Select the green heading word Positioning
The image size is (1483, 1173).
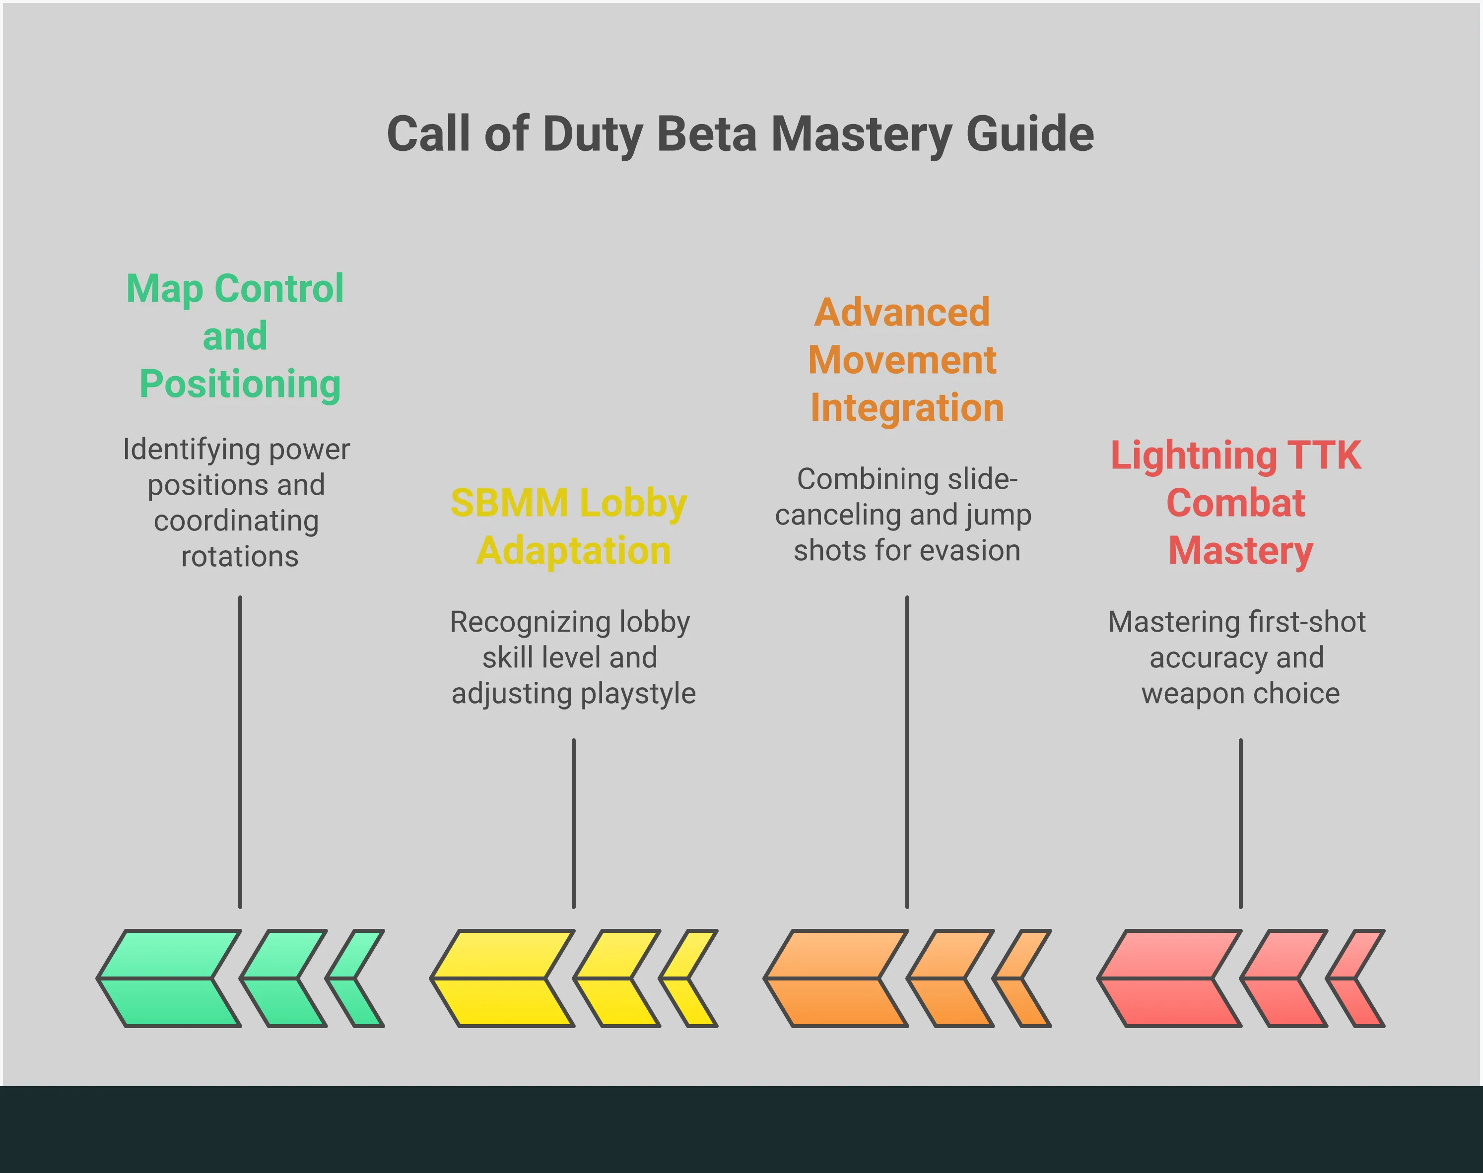[240, 384]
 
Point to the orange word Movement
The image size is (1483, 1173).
[902, 361]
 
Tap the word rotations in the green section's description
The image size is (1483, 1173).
[240, 556]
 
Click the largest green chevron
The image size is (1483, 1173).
[168, 978]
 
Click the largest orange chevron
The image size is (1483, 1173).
[835, 978]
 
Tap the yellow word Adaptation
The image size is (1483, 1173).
[574, 551]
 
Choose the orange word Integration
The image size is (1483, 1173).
[907, 408]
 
